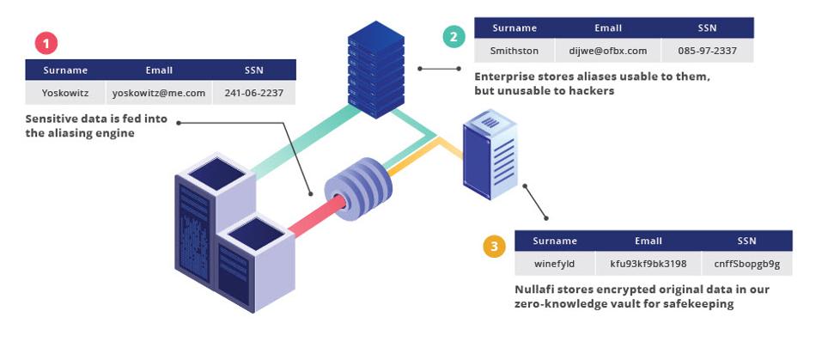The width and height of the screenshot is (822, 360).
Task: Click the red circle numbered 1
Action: pyautogui.click(x=46, y=44)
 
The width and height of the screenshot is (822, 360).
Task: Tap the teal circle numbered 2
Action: pyautogui.click(x=454, y=37)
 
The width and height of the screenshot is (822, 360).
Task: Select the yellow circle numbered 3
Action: pyautogui.click(x=494, y=248)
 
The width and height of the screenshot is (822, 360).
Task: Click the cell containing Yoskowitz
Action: pyautogui.click(x=65, y=93)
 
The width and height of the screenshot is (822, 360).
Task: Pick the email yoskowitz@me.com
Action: pyautogui.click(x=159, y=93)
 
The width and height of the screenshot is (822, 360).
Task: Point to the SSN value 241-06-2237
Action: pyautogui.click(x=253, y=93)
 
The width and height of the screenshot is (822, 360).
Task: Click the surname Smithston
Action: pyautogui.click(x=515, y=51)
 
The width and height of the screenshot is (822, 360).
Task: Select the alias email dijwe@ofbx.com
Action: pyautogui.click(x=608, y=51)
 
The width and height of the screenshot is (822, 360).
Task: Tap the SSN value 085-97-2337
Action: pyautogui.click(x=707, y=51)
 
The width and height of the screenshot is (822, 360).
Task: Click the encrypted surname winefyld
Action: pyautogui.click(x=554, y=263)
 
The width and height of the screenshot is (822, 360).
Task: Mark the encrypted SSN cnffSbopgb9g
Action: pyautogui.click(x=746, y=263)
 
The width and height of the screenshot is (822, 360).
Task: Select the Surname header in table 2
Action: pyautogui.click(x=515, y=28)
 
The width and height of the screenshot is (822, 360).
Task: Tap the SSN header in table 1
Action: pyautogui.click(x=253, y=70)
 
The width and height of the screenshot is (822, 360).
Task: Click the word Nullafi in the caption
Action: pyautogui.click(x=539, y=289)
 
